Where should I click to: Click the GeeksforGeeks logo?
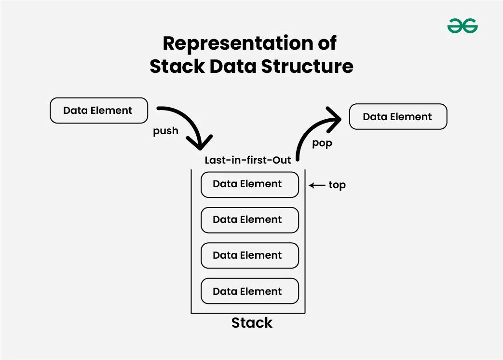462,26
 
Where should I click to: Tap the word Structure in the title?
307,66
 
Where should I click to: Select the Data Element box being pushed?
98,111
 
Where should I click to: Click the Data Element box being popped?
397,117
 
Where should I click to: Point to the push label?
165,131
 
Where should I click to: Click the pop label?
322,143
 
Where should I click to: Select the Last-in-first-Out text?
248,160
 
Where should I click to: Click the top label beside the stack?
337,185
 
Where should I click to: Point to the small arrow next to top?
317,185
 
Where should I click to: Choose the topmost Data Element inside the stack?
249,184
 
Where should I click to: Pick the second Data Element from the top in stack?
249,220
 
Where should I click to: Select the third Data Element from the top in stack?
249,255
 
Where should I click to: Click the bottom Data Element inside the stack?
249,291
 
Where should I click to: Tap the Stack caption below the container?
251,323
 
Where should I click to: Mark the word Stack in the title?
177,66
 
